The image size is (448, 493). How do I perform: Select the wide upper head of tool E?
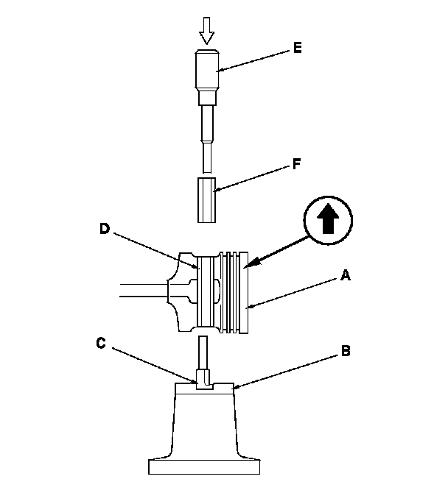click(x=207, y=69)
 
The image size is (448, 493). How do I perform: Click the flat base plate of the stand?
click(x=206, y=466)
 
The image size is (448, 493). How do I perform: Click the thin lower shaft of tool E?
click(x=206, y=155)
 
